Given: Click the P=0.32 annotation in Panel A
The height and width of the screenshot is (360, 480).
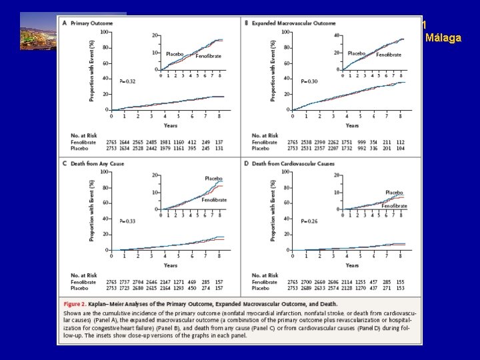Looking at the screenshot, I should click(127, 81).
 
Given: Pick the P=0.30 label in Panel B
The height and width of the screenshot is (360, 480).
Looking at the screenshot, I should click(309, 81).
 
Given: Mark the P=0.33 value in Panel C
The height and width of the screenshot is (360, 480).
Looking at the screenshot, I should click(127, 221).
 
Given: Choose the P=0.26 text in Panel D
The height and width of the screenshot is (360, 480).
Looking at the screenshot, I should click(309, 221).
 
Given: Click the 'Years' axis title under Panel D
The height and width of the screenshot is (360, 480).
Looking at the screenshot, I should click(353, 265).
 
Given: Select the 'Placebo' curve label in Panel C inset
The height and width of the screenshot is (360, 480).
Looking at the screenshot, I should click(213, 179).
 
